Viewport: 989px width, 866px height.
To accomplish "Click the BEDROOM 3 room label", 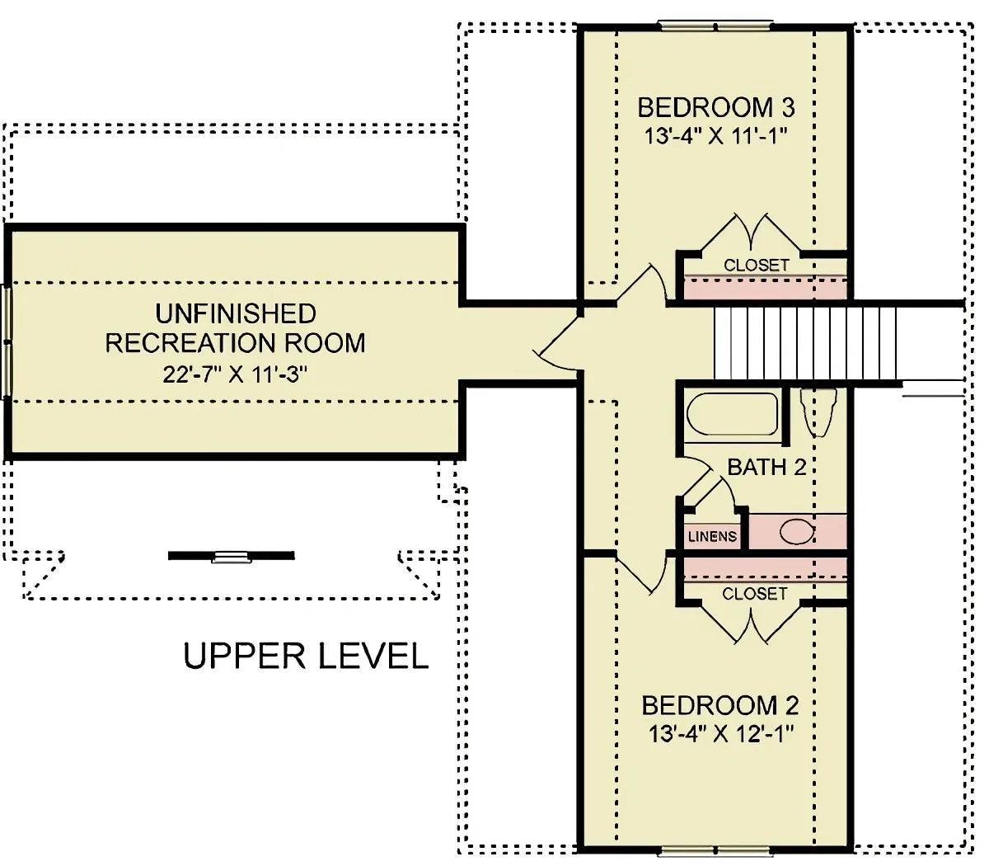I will (x=716, y=107).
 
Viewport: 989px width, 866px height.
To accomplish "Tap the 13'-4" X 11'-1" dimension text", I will (x=716, y=136).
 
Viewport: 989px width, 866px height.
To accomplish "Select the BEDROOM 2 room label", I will (x=719, y=705).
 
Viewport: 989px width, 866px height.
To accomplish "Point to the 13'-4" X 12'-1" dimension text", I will (x=719, y=733).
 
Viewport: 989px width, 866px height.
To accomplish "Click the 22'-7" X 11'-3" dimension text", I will (x=235, y=374).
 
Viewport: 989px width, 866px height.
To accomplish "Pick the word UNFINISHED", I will (x=236, y=313).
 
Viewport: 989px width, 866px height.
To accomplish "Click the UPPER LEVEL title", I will (x=306, y=656).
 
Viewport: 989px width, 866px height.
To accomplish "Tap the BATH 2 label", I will (x=766, y=468).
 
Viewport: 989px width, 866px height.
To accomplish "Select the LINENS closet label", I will (x=712, y=536).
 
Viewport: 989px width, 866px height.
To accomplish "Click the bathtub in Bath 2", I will (x=733, y=414).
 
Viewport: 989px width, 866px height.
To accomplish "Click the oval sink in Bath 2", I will (x=797, y=532).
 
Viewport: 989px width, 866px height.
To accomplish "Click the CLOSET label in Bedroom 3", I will (x=756, y=265).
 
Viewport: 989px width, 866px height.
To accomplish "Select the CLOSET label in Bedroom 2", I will (x=754, y=594).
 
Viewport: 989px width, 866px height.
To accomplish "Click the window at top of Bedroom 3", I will (x=715, y=26).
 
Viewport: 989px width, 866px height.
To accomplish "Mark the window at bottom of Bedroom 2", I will (x=715, y=850).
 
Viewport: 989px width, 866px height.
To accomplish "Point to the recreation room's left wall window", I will (x=7, y=341).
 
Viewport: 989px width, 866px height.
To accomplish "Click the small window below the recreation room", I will (x=232, y=557).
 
